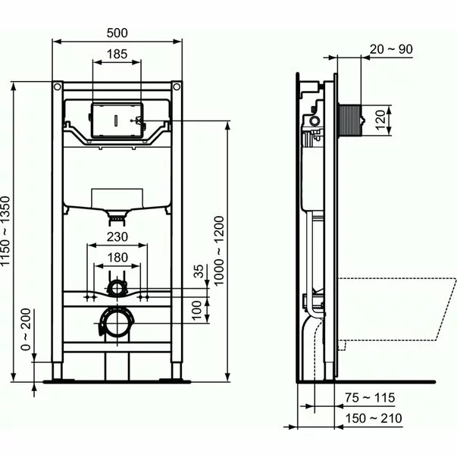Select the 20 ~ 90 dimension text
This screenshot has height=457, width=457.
click(x=391, y=49)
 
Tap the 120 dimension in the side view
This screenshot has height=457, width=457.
click(x=382, y=117)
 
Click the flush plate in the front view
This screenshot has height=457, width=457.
click(x=116, y=119)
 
